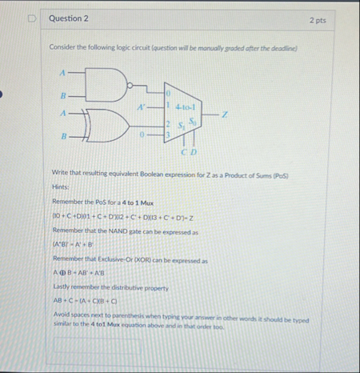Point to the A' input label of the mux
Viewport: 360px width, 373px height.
[x=142, y=105]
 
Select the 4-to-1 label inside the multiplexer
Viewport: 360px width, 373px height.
[x=190, y=104]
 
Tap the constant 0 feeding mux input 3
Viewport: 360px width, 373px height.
[x=142, y=136]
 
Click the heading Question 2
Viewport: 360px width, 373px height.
[x=68, y=18]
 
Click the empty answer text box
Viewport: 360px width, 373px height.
[x=96, y=347]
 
